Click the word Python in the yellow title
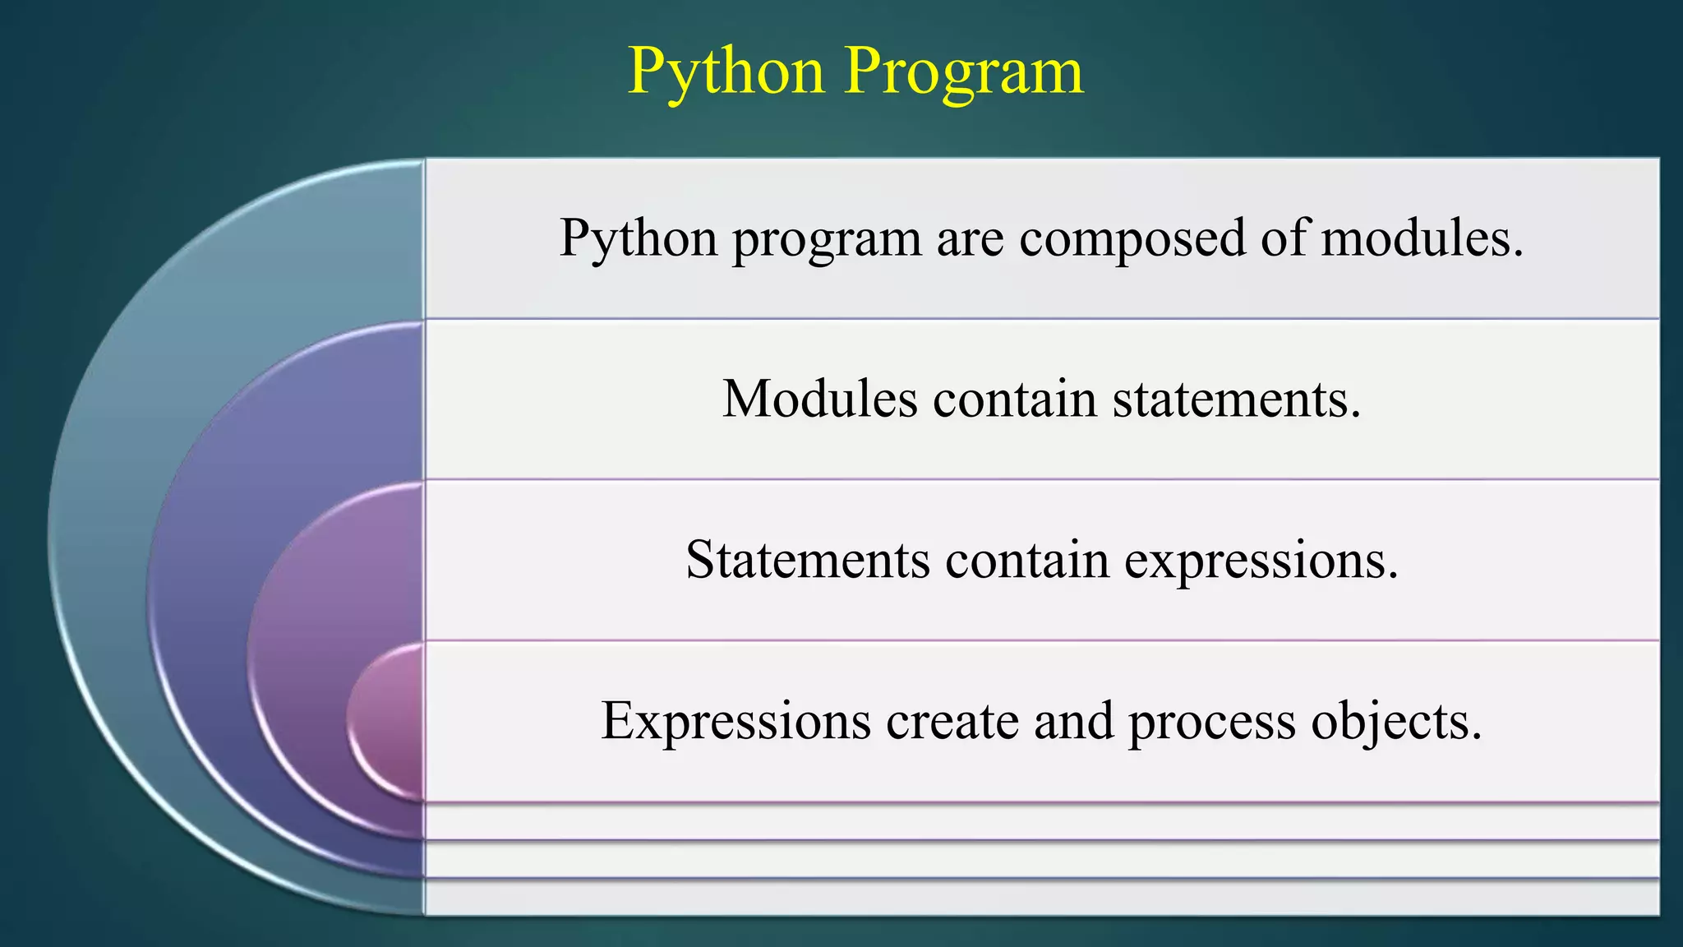click(x=726, y=72)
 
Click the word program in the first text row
click(x=827, y=240)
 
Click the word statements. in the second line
click(x=1237, y=400)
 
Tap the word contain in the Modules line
click(x=1015, y=400)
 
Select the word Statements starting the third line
click(x=808, y=561)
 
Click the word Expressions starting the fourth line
click(x=735, y=722)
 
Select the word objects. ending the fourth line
click(x=1396, y=722)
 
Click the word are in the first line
click(x=971, y=240)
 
